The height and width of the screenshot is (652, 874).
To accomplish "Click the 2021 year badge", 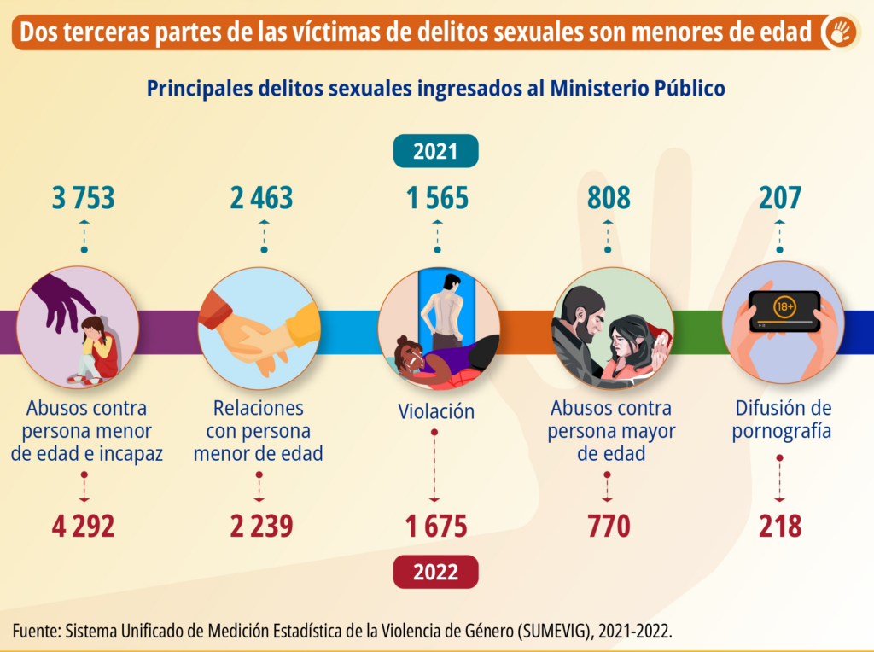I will click(435, 152).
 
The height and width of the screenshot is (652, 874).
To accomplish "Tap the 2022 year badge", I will click(435, 572).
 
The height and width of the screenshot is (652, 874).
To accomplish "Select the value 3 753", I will click(84, 198).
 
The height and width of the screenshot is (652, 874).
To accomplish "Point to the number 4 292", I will click(84, 527).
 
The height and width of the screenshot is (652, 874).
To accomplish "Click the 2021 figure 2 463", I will click(261, 198).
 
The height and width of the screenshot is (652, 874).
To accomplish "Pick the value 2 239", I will click(261, 527).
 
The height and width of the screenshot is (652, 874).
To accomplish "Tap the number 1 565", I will click(437, 198).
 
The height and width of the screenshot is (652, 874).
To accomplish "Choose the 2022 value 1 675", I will click(437, 527).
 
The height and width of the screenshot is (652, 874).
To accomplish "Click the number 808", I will click(609, 198).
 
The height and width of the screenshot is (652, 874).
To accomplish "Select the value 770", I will click(609, 527).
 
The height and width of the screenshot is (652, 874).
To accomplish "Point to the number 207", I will click(780, 198).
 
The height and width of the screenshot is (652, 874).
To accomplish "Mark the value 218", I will click(780, 527).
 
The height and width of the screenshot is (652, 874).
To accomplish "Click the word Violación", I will click(436, 411).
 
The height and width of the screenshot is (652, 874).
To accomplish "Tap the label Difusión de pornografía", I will click(782, 420).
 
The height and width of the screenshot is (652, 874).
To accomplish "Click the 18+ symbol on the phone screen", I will click(784, 306).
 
